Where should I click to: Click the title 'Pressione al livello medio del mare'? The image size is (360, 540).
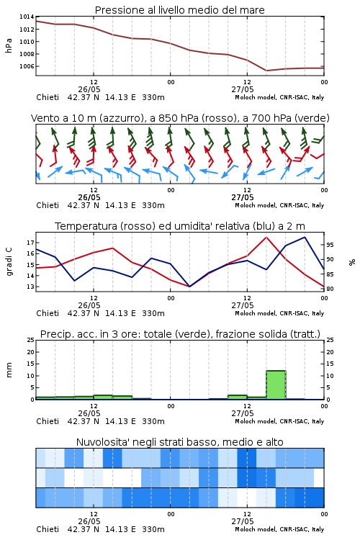pos(179,10)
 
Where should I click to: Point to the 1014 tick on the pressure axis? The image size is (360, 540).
pos(27,17)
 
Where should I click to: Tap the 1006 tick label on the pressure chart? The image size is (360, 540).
pos(27,66)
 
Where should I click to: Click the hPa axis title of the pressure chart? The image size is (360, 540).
pos(9,45)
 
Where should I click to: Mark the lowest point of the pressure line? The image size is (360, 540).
pos(266,71)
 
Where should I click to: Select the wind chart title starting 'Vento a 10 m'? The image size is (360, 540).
pos(180,118)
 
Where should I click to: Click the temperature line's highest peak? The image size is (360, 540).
pos(266,237)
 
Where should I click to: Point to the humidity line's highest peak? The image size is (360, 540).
pos(305,237)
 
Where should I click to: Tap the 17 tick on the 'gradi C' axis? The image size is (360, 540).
pos(30,243)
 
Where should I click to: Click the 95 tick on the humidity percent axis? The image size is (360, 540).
pos(330,245)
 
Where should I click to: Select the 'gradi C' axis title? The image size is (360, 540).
pos(9,261)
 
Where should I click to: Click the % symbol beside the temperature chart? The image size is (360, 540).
pos(352,262)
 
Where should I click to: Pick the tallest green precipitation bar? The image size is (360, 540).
pos(276,384)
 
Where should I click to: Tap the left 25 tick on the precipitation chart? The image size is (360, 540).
pos(30,340)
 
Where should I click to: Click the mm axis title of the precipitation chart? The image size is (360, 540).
pos(9,370)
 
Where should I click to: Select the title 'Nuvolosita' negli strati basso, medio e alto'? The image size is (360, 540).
pos(179,442)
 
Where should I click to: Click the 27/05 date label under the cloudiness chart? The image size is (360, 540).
pos(243,521)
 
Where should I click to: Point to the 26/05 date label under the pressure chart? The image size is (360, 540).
pos(89,89)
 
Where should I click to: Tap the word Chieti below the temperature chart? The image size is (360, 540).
pos(48,313)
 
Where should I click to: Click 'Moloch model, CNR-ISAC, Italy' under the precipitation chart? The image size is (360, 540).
pos(279,421)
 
